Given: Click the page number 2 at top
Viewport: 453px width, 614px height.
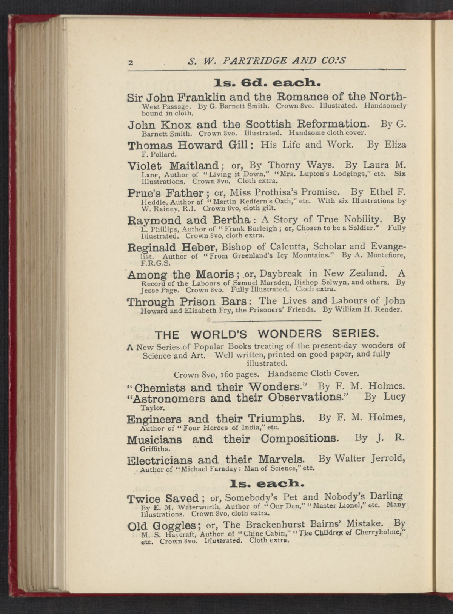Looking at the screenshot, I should (130, 63).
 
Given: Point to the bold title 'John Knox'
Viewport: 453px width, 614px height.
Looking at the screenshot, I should (160, 125).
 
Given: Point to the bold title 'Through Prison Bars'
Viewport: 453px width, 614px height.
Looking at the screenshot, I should (187, 302).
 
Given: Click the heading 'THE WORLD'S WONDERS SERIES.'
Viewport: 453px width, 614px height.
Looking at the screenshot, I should (267, 334).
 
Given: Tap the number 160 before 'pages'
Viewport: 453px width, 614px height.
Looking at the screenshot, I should (228, 375).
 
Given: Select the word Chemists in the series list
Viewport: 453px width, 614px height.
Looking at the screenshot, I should (160, 388).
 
